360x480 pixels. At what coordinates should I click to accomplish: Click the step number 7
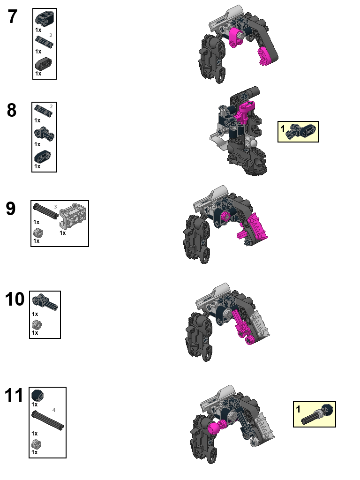(13, 17)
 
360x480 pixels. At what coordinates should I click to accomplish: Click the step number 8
(12, 111)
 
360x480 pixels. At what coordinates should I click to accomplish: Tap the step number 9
(11, 209)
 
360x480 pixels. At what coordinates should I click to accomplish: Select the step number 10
(15, 299)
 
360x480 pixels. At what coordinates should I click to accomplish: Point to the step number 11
(14, 396)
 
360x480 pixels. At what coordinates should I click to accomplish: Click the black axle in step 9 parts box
(45, 210)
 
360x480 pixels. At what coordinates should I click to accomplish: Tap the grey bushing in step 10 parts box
(36, 324)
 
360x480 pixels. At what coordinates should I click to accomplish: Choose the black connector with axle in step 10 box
(45, 301)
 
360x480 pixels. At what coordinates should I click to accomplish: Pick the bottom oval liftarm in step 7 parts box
(43, 63)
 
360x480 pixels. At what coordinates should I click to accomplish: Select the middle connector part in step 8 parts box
(44, 134)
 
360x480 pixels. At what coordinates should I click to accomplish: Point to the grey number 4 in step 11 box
(54, 410)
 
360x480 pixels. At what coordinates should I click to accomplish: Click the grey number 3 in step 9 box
(55, 206)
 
